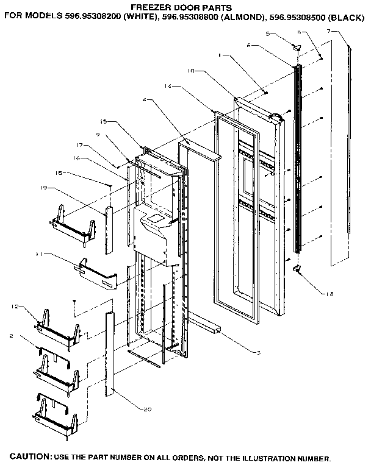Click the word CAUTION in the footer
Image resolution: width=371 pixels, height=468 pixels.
point(27,456)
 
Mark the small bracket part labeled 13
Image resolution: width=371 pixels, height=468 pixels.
point(298,269)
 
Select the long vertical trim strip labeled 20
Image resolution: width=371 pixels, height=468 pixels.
point(110,353)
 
